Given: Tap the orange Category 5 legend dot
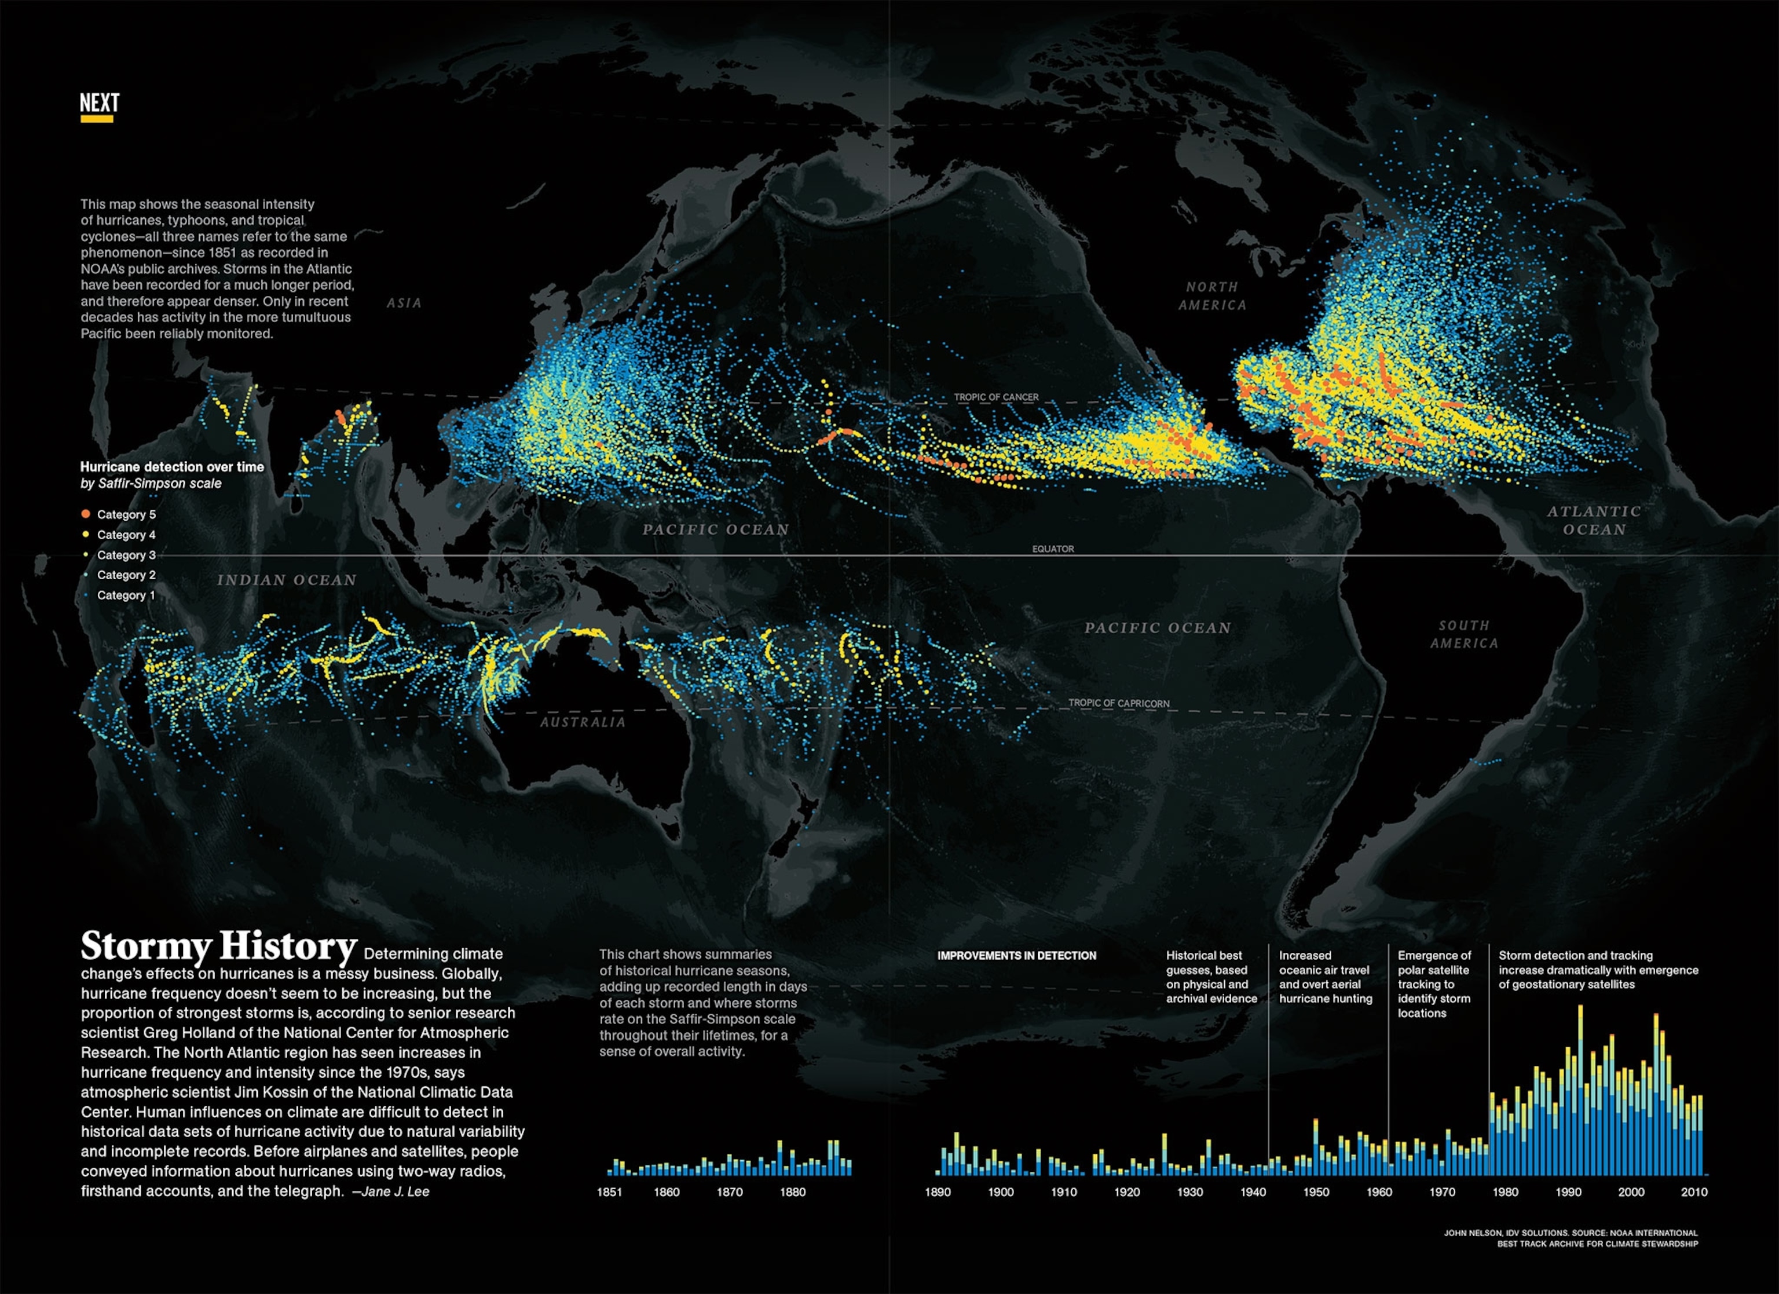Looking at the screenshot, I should [86, 514].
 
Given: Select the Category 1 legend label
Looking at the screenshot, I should [126, 595].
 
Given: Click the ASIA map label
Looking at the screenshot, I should [404, 303].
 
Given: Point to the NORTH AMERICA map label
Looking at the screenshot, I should [1212, 296].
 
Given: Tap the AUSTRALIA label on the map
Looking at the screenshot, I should [583, 722].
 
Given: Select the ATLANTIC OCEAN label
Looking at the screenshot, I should [1594, 520].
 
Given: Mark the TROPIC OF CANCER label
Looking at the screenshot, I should [996, 397].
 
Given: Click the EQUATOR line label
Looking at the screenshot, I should [1053, 549].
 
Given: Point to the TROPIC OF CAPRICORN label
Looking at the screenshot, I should [1119, 703].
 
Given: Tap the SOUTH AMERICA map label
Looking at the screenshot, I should [1463, 634].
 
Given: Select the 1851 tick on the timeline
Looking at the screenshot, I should [609, 1192].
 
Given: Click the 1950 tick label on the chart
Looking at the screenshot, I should [1316, 1192].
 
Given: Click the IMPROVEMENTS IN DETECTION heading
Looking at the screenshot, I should [1016, 956].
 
